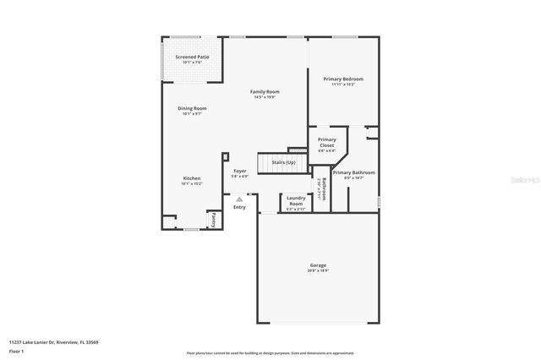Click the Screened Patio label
192,57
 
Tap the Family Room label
265,91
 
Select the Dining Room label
192,108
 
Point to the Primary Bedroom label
342,79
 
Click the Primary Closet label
326,142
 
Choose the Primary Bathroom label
353,172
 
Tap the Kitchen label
192,178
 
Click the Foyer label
240,171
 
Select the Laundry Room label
296,200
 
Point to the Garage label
317,265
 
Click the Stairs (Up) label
283,161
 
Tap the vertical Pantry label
214,219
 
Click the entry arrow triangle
239,199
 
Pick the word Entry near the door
239,207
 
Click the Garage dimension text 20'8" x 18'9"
317,270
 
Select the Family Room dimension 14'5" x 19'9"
265,96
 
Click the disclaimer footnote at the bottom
270,352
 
